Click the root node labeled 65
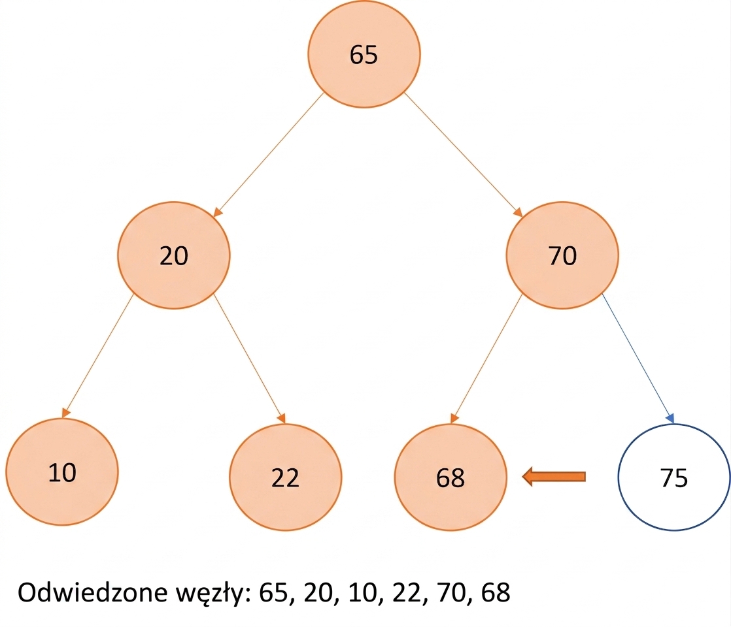364,54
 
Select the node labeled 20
174,255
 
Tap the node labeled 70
562,255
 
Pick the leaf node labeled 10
62,472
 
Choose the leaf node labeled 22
285,477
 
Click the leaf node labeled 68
450,477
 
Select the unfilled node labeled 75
673,477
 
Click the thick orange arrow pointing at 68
553,477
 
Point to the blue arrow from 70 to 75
637,358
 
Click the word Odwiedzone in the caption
92,592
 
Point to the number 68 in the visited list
496,592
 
